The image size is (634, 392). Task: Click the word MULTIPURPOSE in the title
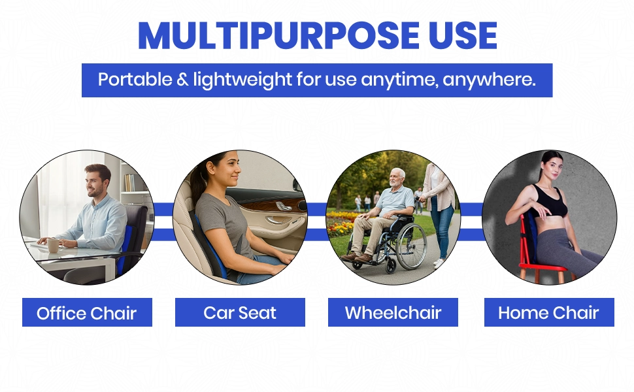coord(278,35)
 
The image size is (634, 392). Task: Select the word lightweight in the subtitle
coord(242,80)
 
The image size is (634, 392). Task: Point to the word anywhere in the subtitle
coord(489,80)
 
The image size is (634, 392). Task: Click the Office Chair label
coord(87,313)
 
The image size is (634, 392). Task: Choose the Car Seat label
coord(240,312)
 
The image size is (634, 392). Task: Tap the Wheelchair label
coord(393,312)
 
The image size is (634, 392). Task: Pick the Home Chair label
coord(548,312)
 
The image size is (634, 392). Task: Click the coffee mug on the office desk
coord(53,245)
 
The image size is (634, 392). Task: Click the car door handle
coord(279,220)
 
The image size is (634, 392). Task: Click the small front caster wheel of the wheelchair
coord(391,267)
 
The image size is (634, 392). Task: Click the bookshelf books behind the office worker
coord(129,182)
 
